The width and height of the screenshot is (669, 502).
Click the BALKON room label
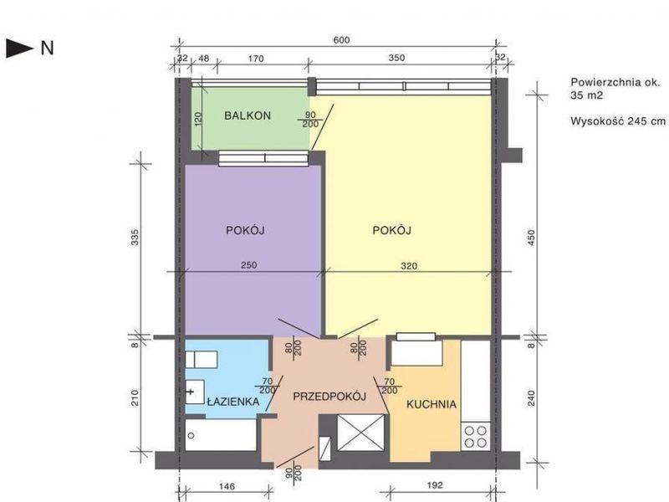(x=248, y=115)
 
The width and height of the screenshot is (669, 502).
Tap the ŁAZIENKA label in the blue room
(x=233, y=402)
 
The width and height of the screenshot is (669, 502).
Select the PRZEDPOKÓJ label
(x=329, y=397)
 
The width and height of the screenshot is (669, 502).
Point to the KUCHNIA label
(x=432, y=404)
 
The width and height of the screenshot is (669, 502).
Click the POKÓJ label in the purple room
(x=245, y=230)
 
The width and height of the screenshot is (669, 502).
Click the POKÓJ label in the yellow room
(x=391, y=230)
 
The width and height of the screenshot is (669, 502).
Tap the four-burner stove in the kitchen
(x=476, y=436)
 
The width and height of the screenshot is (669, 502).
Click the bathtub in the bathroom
(x=221, y=434)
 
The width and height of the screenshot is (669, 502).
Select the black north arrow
(x=19, y=49)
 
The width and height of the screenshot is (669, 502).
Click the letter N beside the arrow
(x=48, y=49)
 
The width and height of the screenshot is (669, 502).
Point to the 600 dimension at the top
(x=341, y=40)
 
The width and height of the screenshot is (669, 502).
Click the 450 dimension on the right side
(x=531, y=238)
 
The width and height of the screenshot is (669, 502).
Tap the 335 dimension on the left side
(x=135, y=238)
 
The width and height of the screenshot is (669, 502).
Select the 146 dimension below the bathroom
(x=227, y=486)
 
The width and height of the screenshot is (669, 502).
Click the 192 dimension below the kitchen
(x=434, y=485)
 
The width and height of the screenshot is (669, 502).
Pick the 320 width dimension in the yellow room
(x=409, y=266)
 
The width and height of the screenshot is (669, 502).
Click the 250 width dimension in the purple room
(x=248, y=265)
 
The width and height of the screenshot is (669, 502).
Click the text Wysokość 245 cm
(x=618, y=120)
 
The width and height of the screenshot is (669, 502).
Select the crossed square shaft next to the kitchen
(x=360, y=432)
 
